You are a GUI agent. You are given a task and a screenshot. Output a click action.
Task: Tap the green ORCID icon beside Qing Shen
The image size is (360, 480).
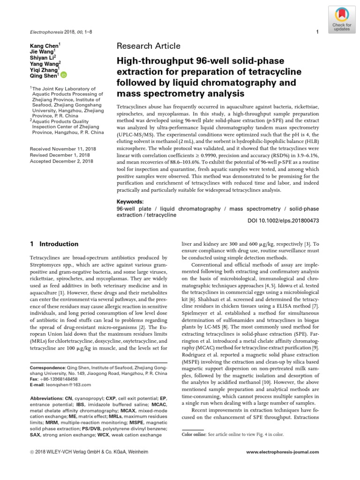pyautogui.click(x=64, y=75)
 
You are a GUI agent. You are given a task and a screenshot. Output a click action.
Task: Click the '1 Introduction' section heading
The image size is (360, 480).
pyautogui.click(x=54, y=244)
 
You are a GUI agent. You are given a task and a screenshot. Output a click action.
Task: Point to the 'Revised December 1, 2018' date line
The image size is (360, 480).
pyautogui.click(x=58, y=155)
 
